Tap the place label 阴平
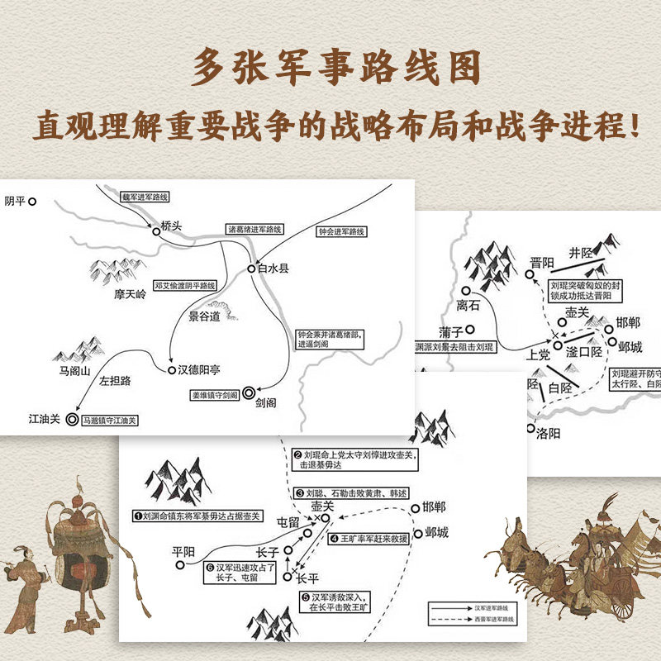pos(14,201)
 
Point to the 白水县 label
pos(273,269)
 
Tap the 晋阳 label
pos(543,263)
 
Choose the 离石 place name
pos(468,306)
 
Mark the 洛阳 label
pos(549,433)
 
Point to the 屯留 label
pos(288,522)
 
